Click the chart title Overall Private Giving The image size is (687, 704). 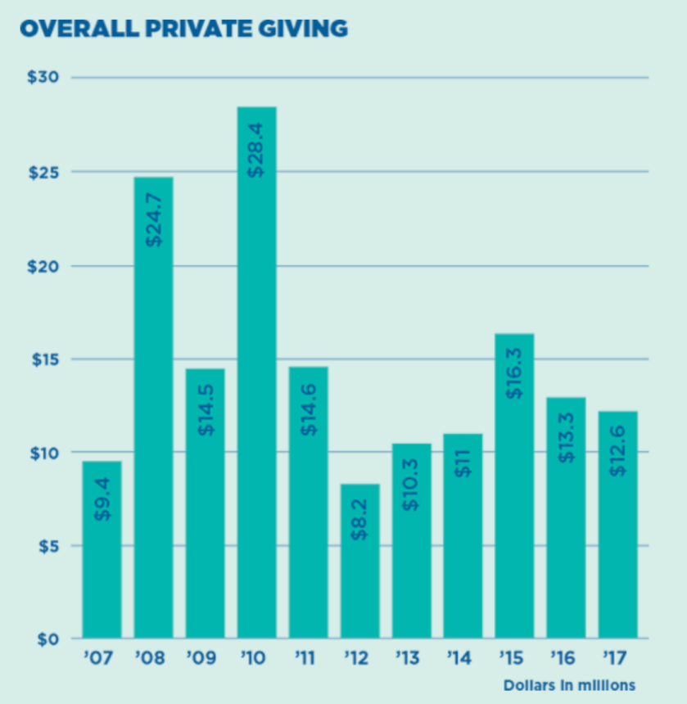pyautogui.click(x=183, y=29)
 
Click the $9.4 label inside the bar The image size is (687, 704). pyautogui.click(x=102, y=499)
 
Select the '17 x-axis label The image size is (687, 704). pyautogui.click(x=617, y=657)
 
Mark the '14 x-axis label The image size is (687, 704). pyautogui.click(x=462, y=657)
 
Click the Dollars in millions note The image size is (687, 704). pyautogui.click(x=568, y=684)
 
